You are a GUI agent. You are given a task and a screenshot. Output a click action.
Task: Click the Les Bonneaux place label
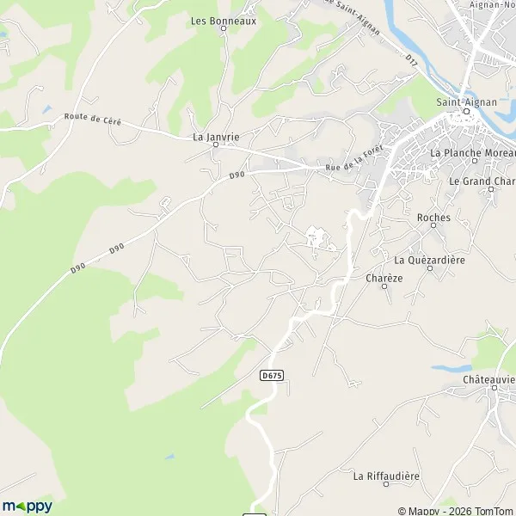[x=223, y=17]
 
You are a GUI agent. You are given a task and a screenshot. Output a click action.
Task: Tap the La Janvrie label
[x=216, y=136]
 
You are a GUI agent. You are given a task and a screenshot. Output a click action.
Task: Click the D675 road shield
[x=271, y=376]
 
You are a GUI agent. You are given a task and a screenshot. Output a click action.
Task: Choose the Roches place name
[x=433, y=218]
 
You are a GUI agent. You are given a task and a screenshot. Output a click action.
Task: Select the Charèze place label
[x=384, y=278]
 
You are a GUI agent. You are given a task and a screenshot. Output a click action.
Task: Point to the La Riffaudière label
[x=386, y=475]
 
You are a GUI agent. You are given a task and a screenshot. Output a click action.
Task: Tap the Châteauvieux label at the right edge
[x=488, y=379]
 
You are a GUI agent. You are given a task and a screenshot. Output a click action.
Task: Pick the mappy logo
[x=27, y=506]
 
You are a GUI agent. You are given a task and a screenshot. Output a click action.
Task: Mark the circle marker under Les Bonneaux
[x=223, y=28]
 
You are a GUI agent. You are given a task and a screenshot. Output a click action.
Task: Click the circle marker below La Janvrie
[x=216, y=146]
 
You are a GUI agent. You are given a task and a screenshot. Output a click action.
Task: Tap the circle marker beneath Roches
[x=433, y=229]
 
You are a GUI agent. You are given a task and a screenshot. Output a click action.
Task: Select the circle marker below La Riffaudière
[x=386, y=486]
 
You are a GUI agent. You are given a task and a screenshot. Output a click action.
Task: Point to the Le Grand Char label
[x=482, y=181]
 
